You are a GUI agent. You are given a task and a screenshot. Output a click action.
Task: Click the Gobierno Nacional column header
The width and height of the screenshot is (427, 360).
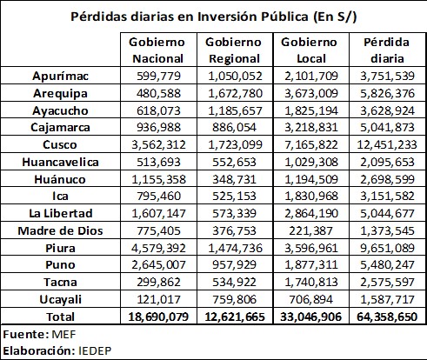point(157,50)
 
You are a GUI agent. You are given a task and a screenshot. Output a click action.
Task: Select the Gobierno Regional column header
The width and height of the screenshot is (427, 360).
point(234,50)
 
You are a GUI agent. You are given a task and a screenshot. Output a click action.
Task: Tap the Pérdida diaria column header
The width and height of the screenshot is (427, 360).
point(387,50)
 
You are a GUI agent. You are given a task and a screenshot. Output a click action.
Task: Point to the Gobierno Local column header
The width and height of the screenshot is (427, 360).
point(310,50)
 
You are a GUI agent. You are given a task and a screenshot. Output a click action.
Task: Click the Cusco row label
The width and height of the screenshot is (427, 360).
point(60,144)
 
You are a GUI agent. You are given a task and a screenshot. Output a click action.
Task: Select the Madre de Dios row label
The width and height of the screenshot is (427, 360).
point(60,230)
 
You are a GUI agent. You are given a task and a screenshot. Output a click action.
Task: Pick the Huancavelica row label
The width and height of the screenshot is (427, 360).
point(60,162)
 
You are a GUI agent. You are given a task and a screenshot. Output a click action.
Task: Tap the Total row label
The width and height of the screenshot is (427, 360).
point(61,317)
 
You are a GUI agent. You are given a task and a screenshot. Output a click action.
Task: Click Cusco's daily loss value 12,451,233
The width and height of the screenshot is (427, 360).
point(387,144)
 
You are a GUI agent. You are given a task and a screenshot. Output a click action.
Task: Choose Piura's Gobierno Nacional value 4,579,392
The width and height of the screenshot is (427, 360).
point(158,248)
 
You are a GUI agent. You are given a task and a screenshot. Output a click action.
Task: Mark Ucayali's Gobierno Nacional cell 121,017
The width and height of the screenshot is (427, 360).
point(158,299)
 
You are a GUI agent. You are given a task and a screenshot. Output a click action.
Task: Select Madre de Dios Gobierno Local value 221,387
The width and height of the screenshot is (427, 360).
point(310,230)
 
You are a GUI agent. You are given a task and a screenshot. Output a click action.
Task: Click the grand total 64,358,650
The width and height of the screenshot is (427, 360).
point(387,317)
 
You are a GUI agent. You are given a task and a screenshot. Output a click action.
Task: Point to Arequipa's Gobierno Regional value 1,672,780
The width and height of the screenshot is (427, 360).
point(235,93)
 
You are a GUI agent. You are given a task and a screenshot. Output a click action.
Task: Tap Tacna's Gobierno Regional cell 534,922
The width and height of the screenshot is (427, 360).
point(235,282)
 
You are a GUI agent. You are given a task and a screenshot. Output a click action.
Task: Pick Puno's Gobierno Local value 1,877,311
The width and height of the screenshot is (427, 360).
point(311,264)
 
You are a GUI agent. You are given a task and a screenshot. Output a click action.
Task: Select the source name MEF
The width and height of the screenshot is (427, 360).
point(63,335)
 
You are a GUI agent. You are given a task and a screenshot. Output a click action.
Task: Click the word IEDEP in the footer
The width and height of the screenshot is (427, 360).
point(95,351)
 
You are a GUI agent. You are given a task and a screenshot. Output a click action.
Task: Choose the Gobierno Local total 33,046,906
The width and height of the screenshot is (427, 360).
point(310,317)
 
